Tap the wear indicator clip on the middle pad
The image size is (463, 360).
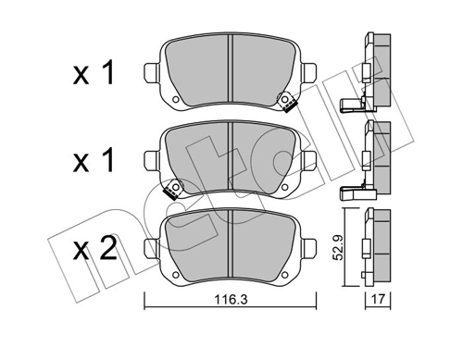point(170,192)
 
